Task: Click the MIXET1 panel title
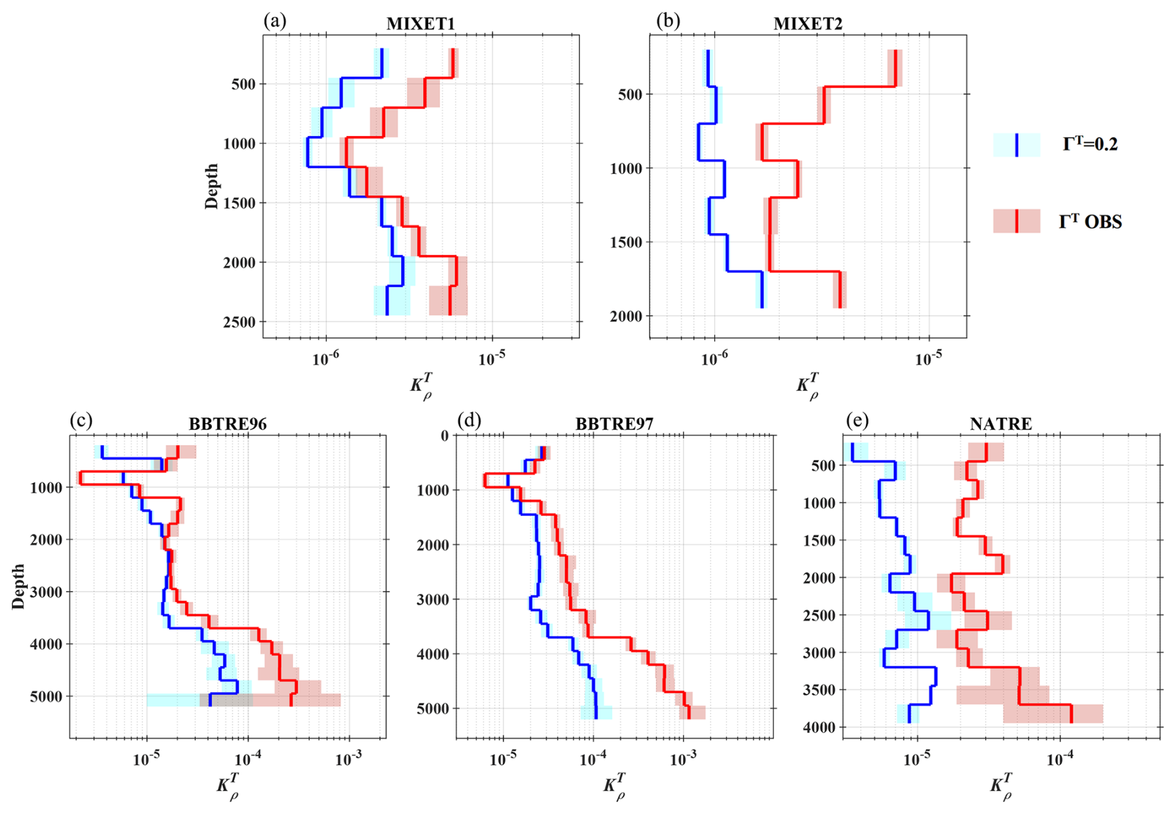(421, 24)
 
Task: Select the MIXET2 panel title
(807, 24)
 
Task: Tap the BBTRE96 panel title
(227, 424)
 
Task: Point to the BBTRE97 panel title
(614, 424)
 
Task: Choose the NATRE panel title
(1001, 424)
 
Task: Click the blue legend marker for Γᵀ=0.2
(1016, 145)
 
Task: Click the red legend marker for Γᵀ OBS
(1016, 221)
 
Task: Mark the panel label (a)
(275, 22)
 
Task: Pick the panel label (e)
(857, 421)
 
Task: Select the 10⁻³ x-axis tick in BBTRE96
(349, 759)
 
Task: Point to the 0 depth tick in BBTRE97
(444, 436)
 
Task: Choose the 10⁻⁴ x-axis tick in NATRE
(1059, 759)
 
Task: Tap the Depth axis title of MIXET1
(212, 186)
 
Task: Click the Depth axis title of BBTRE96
(19, 586)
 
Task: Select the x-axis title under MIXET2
(807, 385)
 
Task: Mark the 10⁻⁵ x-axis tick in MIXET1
(491, 359)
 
